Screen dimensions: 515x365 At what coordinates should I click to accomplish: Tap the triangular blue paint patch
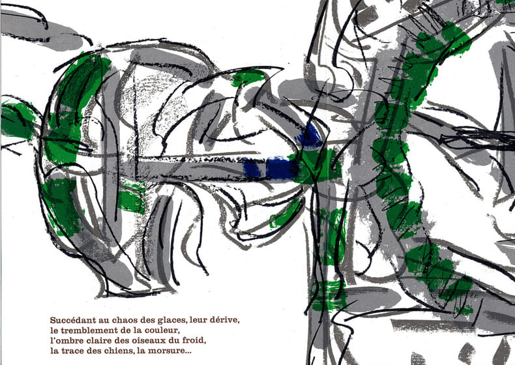click(310, 138)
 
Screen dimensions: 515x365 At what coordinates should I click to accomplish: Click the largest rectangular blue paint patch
click(282, 168)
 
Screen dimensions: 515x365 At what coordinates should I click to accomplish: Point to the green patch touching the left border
click(16, 121)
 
